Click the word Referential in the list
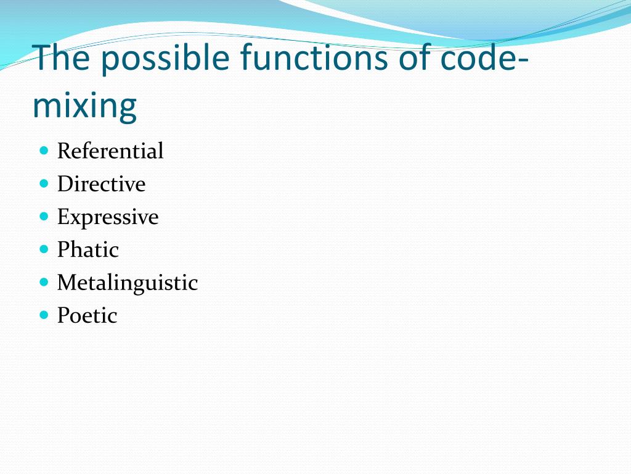110,151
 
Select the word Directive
101,184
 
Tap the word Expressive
108,217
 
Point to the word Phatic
88,250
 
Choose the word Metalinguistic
128,283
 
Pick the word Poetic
87,315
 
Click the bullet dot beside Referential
44,150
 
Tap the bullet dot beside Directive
44,183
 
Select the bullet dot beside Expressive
44,216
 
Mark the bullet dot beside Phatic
44,249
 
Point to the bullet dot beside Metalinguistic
44,282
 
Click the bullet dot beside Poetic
44,315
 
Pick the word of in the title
414,58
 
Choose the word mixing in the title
84,106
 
